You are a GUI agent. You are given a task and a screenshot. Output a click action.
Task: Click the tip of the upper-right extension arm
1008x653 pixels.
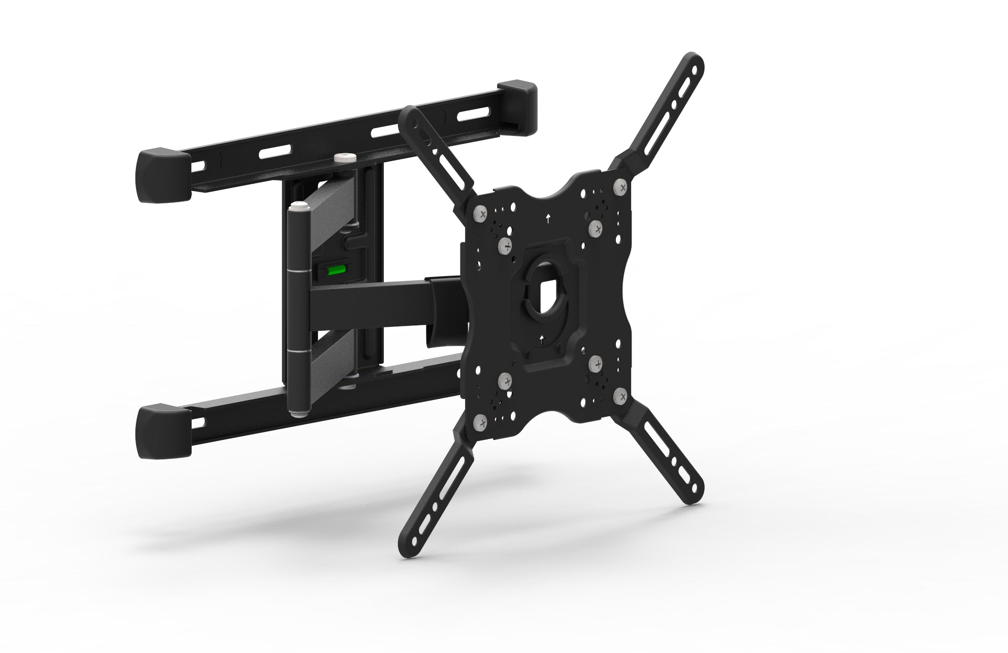click(694, 62)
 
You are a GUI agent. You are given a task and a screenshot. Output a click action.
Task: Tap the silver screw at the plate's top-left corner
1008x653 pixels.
click(480, 213)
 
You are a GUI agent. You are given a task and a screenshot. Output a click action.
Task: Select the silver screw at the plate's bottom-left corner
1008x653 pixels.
click(480, 423)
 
